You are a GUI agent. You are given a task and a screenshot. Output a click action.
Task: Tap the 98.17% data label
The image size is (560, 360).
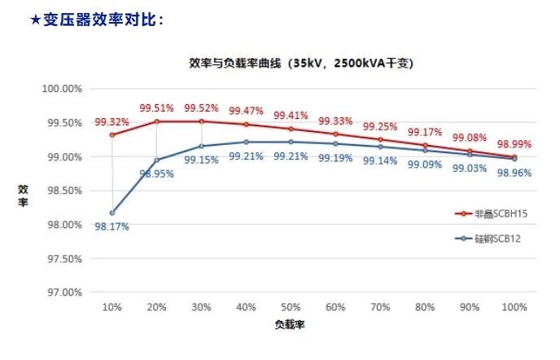tap(112, 226)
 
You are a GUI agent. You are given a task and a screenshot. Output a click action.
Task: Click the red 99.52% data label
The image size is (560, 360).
tap(201, 108)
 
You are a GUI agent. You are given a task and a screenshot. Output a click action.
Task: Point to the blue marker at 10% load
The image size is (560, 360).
tap(112, 213)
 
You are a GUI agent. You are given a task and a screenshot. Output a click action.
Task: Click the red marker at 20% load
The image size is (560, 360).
tap(156, 121)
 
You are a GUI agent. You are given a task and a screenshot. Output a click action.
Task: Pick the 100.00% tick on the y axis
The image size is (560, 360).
tap(62, 89)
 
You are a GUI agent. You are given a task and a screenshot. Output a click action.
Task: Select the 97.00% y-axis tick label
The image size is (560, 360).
tap(62, 292)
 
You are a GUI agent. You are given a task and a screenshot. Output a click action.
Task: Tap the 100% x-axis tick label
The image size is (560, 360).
tap(514, 307)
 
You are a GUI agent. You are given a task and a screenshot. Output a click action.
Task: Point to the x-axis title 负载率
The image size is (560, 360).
tap(290, 323)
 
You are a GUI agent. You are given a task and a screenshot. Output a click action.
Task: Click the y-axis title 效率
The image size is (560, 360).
tap(24, 195)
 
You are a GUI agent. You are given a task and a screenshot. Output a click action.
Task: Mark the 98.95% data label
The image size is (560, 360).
tap(156, 173)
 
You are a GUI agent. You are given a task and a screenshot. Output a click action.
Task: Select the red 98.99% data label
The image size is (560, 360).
tap(514, 144)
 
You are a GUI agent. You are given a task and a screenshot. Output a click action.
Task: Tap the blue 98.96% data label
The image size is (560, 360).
tap(514, 173)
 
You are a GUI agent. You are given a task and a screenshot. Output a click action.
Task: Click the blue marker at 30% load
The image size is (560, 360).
tap(201, 146)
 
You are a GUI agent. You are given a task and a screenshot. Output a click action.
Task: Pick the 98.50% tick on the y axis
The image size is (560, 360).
tap(62, 190)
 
